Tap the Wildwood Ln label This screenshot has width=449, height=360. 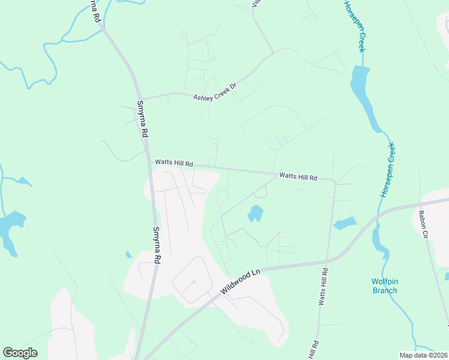[x=240, y=281]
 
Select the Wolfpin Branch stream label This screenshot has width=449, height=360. [x=384, y=286]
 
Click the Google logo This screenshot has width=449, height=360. [x=20, y=353]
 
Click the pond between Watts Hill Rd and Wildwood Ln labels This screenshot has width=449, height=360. [x=255, y=213]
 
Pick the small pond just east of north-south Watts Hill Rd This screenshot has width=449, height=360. [x=345, y=224]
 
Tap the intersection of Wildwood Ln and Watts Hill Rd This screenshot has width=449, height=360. [x=327, y=262]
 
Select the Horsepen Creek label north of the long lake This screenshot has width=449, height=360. [x=354, y=26]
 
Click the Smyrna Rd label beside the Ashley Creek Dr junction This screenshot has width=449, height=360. [x=142, y=119]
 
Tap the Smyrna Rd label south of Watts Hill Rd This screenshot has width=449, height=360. [x=157, y=245]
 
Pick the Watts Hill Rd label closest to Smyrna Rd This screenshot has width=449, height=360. [x=173, y=163]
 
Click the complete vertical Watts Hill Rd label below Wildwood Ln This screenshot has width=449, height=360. [x=322, y=289]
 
